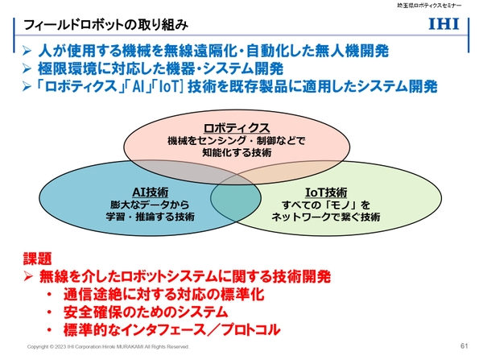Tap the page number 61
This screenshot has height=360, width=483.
464,346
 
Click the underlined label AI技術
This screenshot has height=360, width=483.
149,192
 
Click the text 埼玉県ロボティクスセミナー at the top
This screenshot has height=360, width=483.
431,6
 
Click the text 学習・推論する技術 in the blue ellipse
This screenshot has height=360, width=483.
151,217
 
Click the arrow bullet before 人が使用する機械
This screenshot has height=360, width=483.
27,51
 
